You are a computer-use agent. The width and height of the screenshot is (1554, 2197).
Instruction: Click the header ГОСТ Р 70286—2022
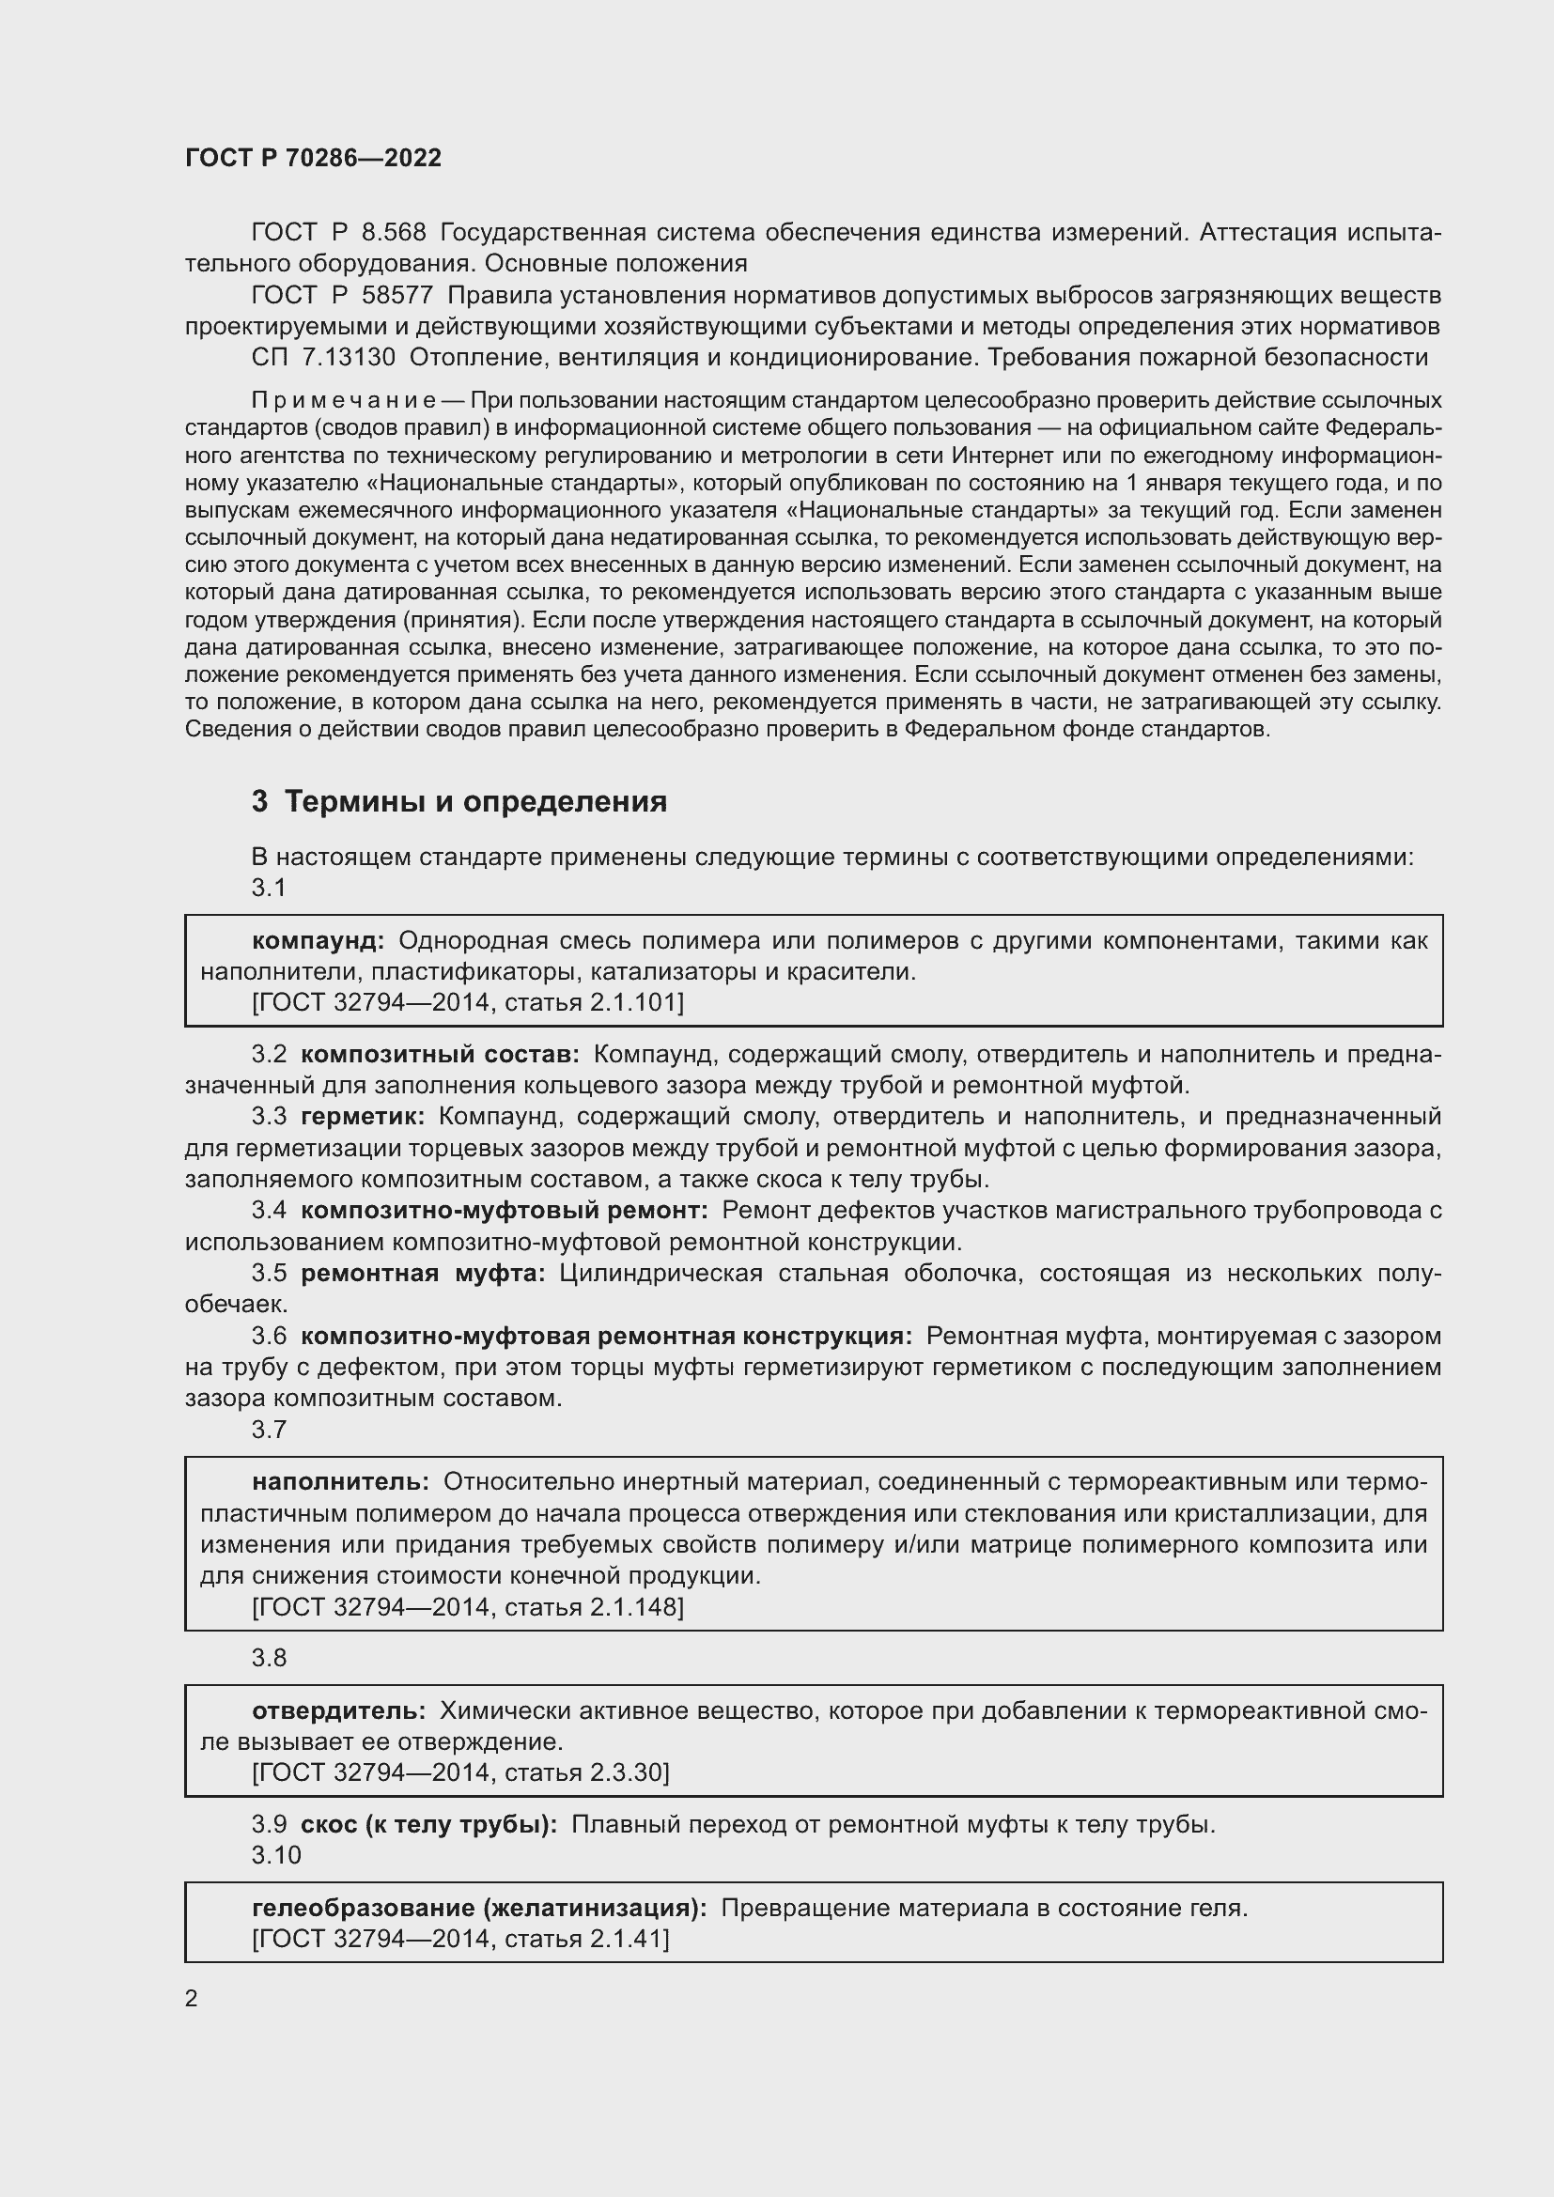pyautogui.click(x=313, y=158)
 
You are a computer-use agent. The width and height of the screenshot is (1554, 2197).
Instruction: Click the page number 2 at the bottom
pyautogui.click(x=192, y=1998)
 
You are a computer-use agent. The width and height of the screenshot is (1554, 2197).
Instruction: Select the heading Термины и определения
pyautogui.click(x=475, y=801)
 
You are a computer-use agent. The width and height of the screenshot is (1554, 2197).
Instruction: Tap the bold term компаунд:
pyautogui.click(x=318, y=940)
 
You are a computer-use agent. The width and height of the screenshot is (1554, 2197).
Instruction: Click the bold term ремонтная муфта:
pyautogui.click(x=422, y=1274)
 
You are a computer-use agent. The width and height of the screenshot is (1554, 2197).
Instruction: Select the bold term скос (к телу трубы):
pyautogui.click(x=427, y=1825)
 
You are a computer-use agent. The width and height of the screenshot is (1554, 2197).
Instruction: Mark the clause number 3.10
pyautogui.click(x=275, y=1855)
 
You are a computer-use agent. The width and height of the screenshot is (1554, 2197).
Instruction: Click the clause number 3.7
pyautogui.click(x=269, y=1430)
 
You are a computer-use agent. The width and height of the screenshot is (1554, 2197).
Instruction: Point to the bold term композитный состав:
pyautogui.click(x=439, y=1055)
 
